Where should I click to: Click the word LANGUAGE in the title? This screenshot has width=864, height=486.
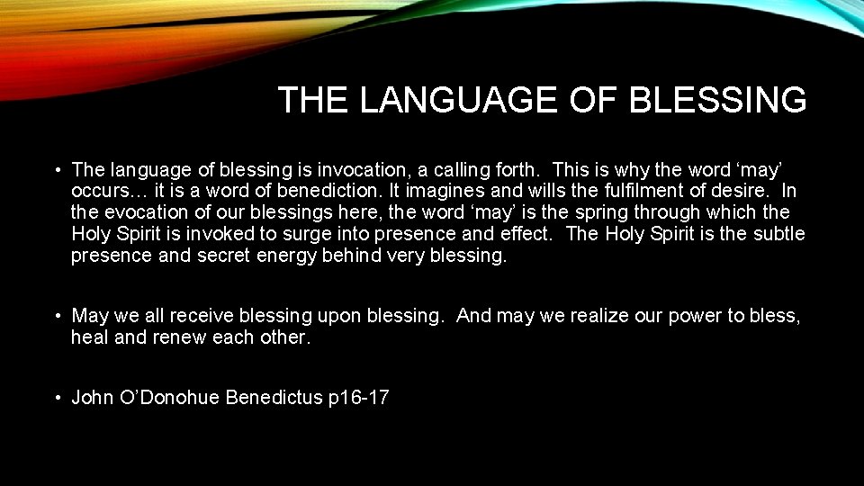[x=458, y=100]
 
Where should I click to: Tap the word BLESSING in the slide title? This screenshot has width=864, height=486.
[x=718, y=100]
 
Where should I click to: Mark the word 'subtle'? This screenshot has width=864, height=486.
[x=777, y=234]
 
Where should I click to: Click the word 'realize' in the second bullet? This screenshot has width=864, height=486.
[x=588, y=316]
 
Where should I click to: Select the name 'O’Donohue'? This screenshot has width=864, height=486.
[x=170, y=398]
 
